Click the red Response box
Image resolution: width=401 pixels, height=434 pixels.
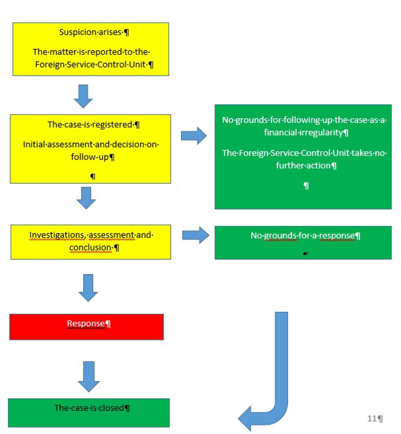pyautogui.click(x=86, y=327)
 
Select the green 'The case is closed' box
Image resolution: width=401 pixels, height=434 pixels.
pyautogui.click(x=89, y=413)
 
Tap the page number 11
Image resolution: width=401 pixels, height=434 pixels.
pyautogui.click(x=372, y=418)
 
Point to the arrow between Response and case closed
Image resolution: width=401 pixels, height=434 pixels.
pyautogui.click(x=89, y=376)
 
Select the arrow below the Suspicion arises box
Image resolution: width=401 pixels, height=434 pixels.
pyautogui.click(x=83, y=96)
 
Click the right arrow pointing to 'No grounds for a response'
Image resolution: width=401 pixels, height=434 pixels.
pyautogui.click(x=195, y=235)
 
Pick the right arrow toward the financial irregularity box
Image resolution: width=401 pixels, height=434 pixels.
pyautogui.click(x=194, y=136)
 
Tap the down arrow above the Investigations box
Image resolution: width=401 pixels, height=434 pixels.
pyautogui.click(x=86, y=198)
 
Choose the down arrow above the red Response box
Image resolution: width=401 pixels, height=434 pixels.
pyautogui.click(x=88, y=288)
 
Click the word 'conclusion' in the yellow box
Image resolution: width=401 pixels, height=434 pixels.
pyautogui.click(x=90, y=247)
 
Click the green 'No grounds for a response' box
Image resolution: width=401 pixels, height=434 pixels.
pyautogui.click(x=303, y=242)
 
